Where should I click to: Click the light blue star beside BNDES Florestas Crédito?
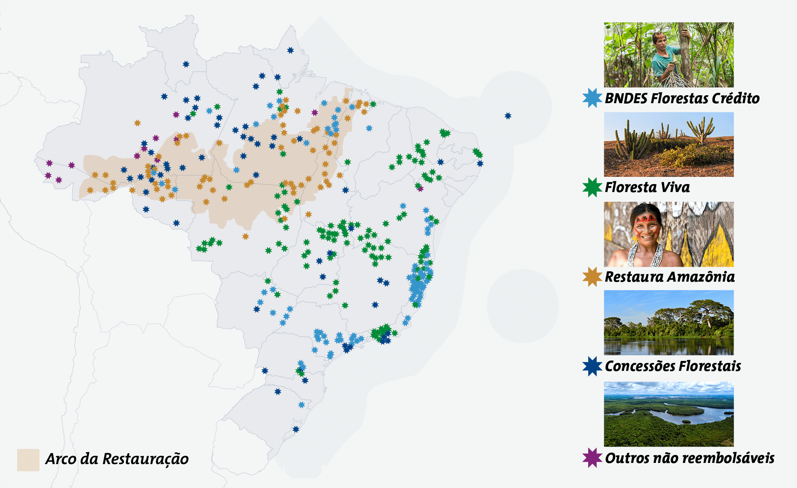pos(592,98)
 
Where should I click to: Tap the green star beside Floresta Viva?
pos(592,187)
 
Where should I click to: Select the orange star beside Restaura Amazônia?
pos(592,277)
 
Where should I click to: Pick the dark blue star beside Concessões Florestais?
pos(592,366)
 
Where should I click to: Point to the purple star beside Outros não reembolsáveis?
pos(592,458)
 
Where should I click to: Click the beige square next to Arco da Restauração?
pos(28,460)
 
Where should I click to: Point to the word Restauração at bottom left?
pos(145,459)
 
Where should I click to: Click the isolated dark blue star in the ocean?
pos(508,116)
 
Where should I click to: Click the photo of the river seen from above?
pos(669,414)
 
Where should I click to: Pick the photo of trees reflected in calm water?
pos(669,323)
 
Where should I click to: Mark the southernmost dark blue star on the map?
pos(296,429)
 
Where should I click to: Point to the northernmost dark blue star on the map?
pos(291,50)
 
